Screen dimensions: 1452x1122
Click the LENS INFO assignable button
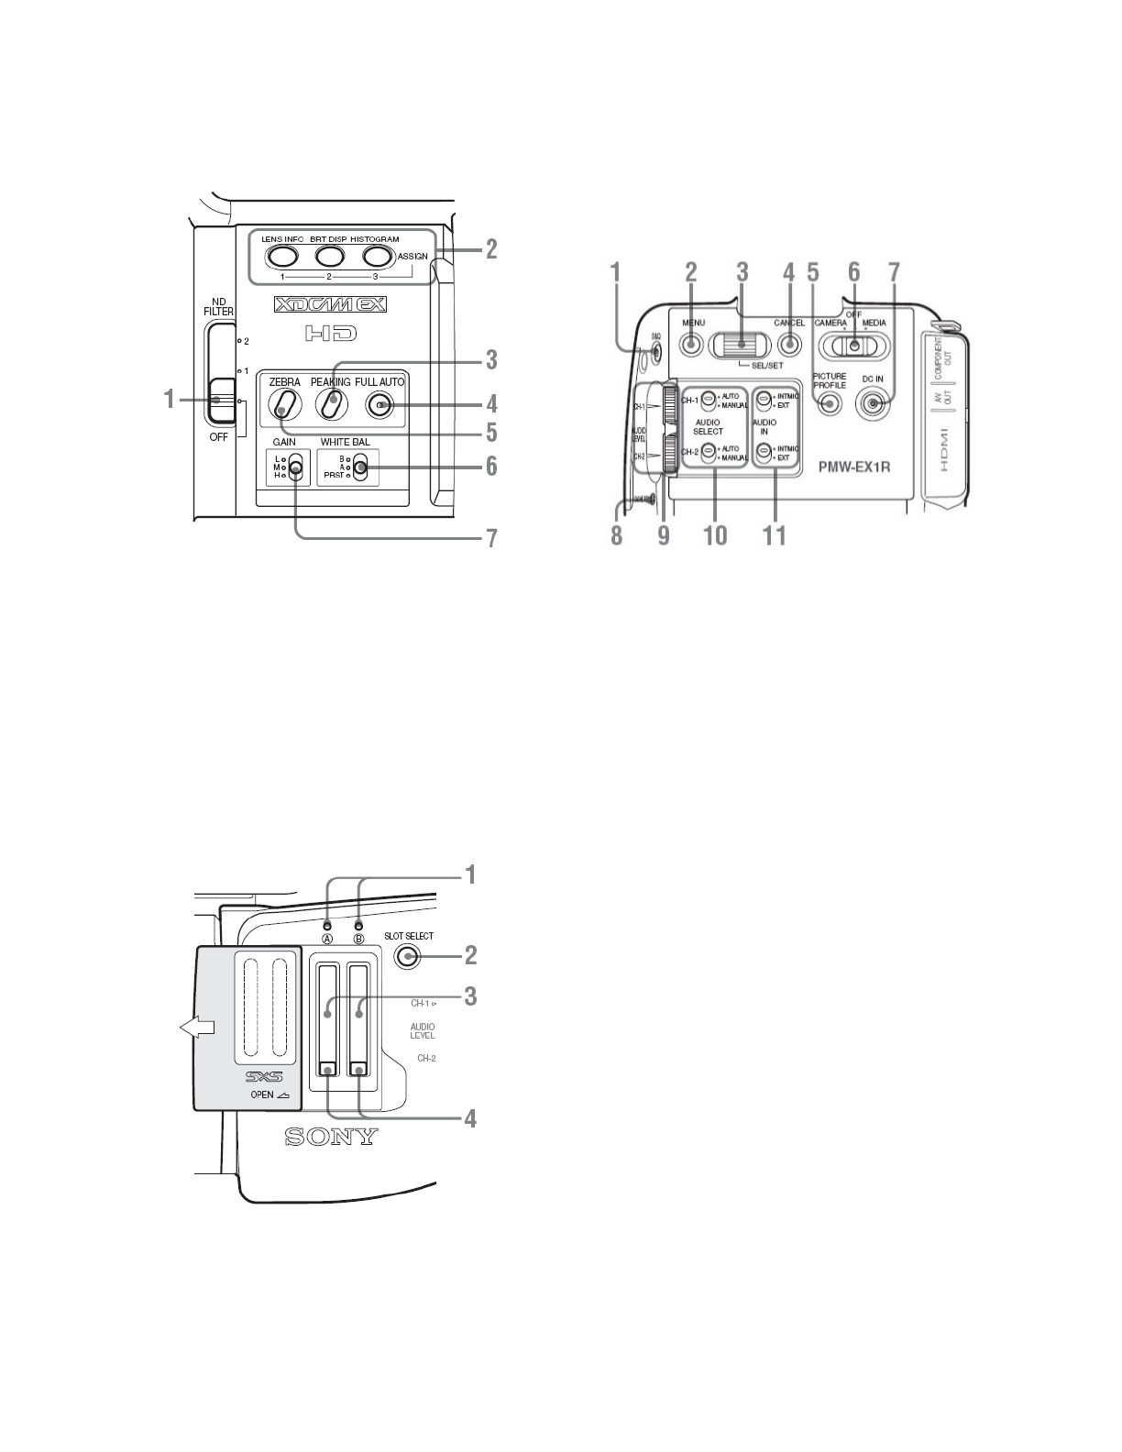coord(282,255)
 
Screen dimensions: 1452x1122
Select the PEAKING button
coord(333,404)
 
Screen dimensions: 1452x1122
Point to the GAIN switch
coord(294,467)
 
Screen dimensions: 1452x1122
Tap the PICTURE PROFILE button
coord(830,404)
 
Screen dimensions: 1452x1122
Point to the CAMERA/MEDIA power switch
coord(853,346)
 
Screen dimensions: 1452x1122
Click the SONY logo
coord(331,1138)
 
